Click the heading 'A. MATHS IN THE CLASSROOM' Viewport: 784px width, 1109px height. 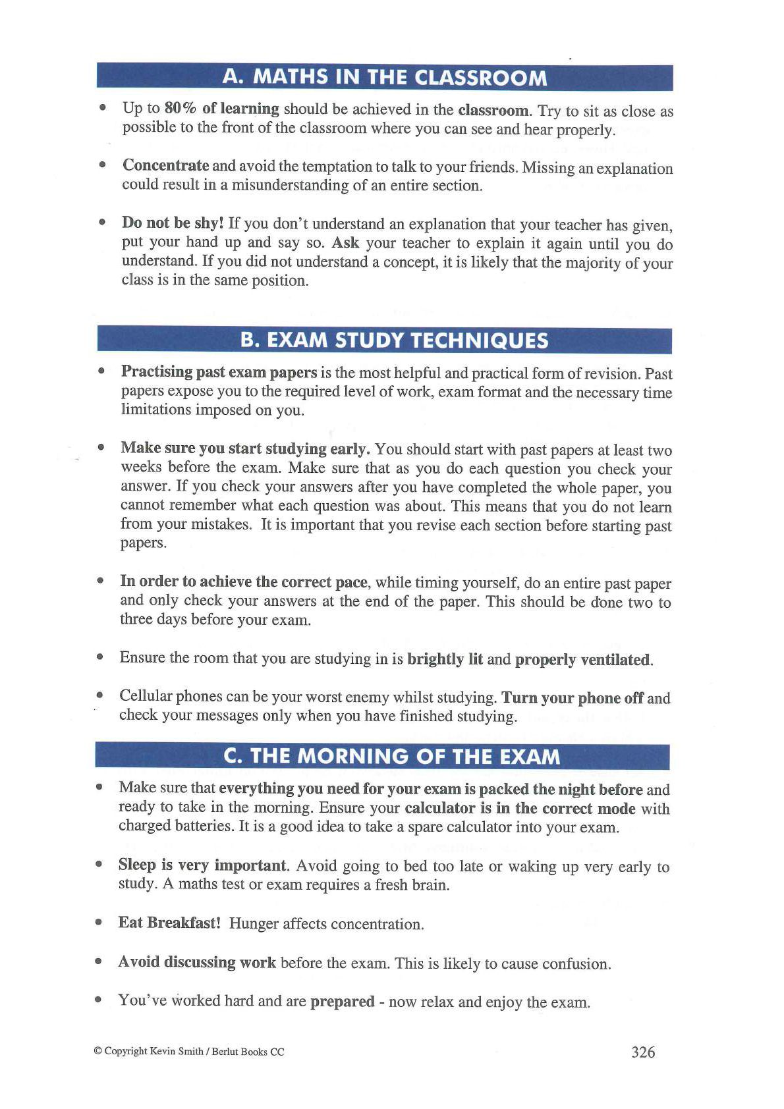click(385, 77)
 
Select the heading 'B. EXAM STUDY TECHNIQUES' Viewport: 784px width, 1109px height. click(394, 340)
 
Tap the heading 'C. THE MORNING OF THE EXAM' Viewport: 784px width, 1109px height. click(392, 756)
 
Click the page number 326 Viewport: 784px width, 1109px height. click(643, 1052)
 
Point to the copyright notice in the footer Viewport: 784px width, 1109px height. click(189, 1052)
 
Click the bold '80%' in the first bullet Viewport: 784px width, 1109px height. click(177, 108)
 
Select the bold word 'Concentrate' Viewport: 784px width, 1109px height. click(165, 165)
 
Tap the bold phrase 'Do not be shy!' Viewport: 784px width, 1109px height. click(173, 223)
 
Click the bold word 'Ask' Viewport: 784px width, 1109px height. click(345, 242)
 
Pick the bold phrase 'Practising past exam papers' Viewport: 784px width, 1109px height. click(219, 371)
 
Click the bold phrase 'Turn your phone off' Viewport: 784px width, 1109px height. click(573, 697)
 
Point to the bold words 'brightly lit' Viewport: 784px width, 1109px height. click(445, 659)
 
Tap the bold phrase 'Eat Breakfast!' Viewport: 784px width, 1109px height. click(169, 923)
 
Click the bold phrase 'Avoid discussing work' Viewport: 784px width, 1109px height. click(196, 962)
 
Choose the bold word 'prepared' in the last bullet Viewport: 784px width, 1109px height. click(342, 1001)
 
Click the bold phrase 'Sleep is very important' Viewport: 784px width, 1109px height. click(203, 865)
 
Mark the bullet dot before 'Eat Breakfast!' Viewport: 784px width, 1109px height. click(98, 923)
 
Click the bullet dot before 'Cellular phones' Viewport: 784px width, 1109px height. click(99, 695)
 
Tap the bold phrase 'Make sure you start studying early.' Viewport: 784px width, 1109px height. click(245, 448)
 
